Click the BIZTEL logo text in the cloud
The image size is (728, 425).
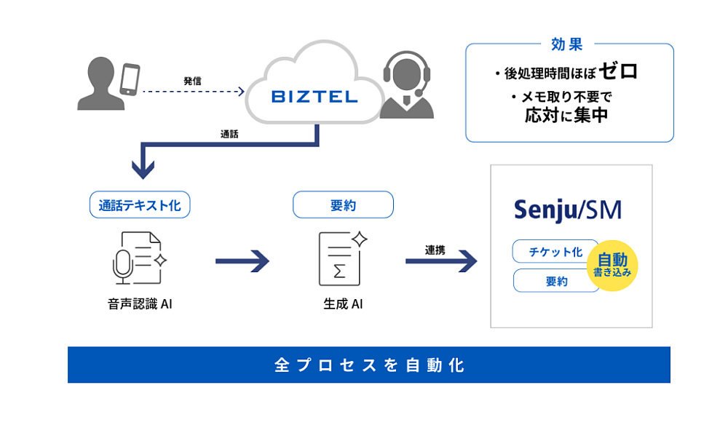coord(314,97)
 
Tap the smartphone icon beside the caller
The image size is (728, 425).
coord(130,79)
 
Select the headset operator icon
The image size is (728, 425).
coord(407,84)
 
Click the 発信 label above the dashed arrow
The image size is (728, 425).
coord(192,82)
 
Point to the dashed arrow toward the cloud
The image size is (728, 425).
coord(194,92)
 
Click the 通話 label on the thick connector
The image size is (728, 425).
coord(229,134)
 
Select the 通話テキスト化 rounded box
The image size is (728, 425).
coord(140,204)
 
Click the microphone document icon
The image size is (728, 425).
coord(139,258)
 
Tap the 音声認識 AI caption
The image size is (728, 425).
coord(140,304)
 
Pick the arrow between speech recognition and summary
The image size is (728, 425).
coord(242,261)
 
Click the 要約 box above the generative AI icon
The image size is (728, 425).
coord(343,204)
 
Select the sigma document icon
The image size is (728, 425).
coord(343,258)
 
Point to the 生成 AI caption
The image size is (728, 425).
coord(343,304)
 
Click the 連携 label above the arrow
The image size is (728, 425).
coord(435,250)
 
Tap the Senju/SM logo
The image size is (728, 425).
coord(568,210)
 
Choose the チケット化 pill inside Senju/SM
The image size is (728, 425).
coord(555,252)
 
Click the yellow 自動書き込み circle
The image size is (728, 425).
coord(612,266)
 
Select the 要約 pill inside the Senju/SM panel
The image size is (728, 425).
coord(555,281)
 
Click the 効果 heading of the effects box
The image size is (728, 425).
coord(567,44)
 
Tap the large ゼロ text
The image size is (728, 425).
coord(618,71)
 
